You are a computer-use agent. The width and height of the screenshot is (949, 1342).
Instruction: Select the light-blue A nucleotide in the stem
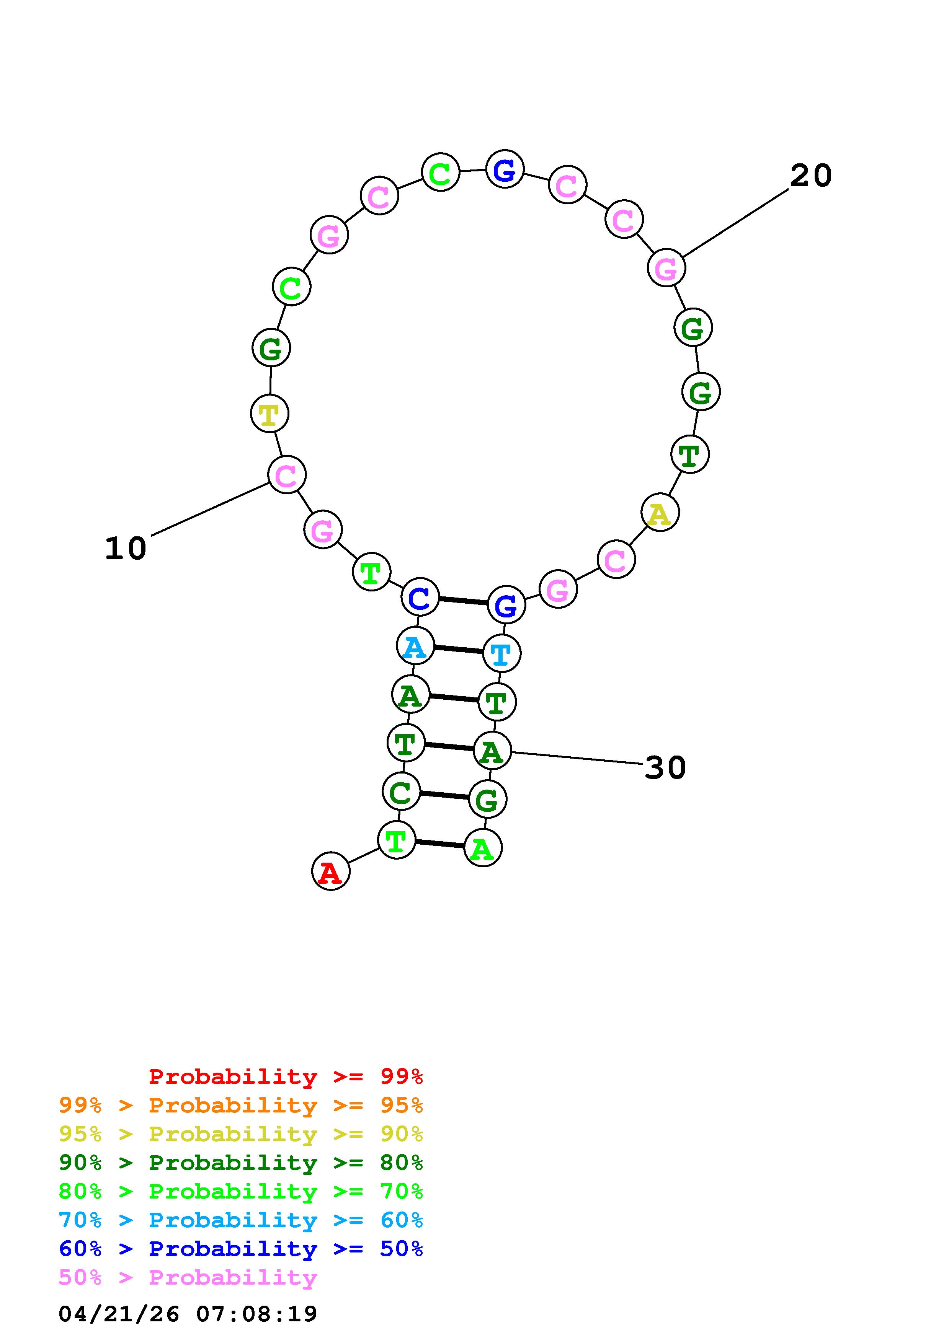[x=415, y=646]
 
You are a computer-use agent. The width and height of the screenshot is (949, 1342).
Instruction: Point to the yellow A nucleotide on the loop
[x=660, y=513]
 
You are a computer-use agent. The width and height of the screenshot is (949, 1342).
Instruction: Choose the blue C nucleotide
[x=420, y=597]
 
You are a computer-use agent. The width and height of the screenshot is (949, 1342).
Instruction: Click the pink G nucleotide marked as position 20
[x=666, y=268]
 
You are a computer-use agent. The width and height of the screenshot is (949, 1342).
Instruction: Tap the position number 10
[x=126, y=549]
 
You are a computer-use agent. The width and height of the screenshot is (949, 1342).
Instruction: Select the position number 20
[x=811, y=175]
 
